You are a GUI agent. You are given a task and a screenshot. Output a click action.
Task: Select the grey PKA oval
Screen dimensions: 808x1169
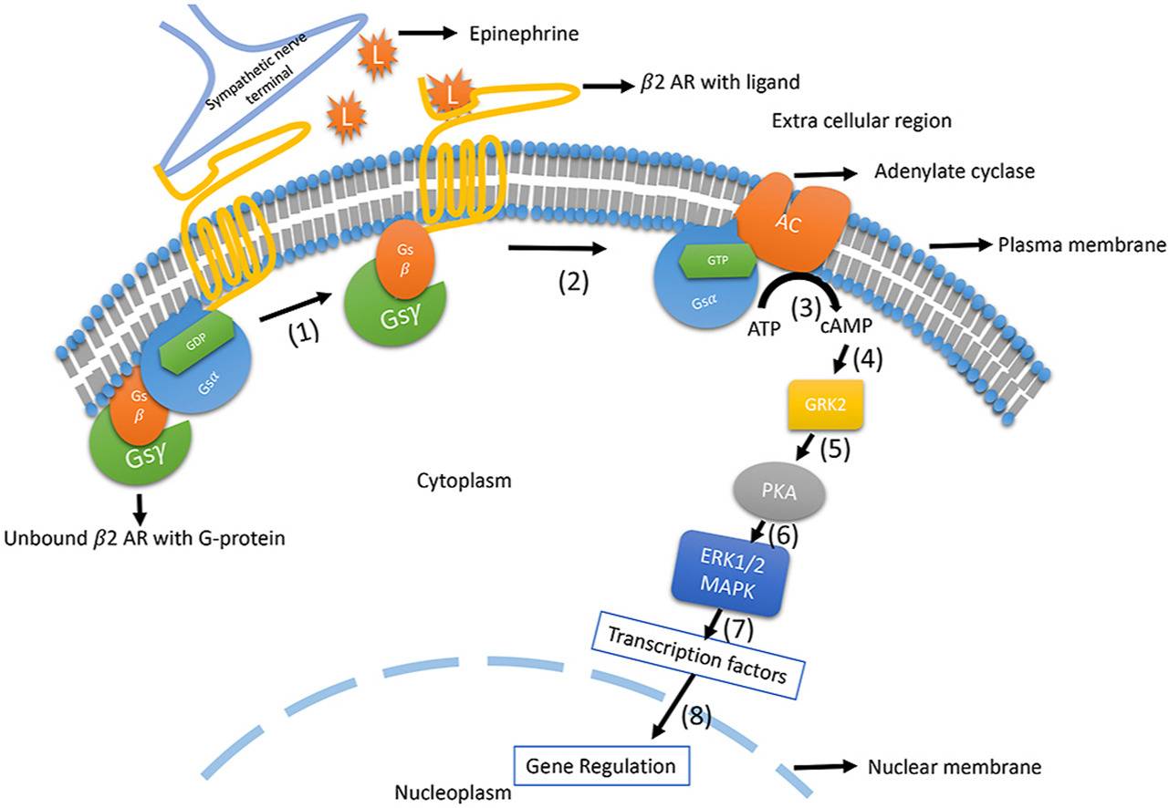789,495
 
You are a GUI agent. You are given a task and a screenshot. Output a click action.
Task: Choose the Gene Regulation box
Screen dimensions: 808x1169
600,764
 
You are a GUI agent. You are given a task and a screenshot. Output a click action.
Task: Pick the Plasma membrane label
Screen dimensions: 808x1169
1081,244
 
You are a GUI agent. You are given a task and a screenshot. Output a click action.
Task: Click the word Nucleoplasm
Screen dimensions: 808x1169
453,791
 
